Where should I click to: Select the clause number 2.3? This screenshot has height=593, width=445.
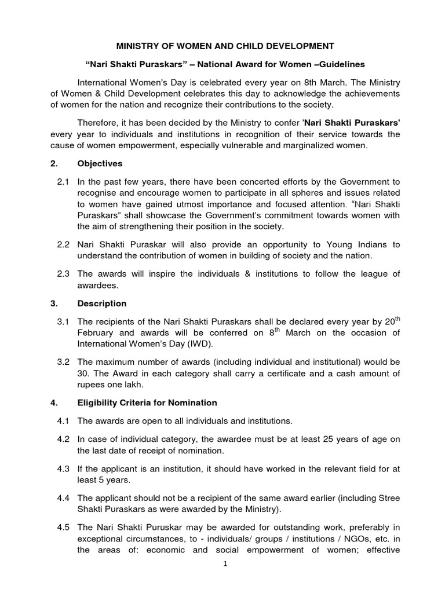coord(64,273)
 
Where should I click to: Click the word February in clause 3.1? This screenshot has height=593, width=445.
coord(97,333)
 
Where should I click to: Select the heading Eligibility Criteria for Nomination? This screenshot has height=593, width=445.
coord(147,402)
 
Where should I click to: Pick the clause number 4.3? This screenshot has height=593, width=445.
coord(64,470)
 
